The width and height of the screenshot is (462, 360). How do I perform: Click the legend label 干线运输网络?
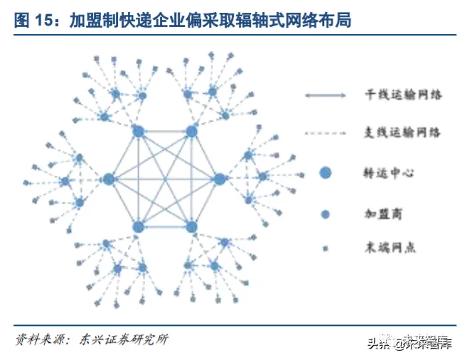(403, 94)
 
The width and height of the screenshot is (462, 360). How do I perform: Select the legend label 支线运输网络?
(403, 132)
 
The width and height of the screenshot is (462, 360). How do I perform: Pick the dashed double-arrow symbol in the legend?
(326, 133)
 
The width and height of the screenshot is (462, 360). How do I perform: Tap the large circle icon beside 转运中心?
(326, 172)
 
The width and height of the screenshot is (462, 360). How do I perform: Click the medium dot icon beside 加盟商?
(326, 213)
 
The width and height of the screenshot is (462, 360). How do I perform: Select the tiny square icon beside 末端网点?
(326, 248)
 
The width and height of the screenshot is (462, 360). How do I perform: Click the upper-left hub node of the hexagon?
(139, 131)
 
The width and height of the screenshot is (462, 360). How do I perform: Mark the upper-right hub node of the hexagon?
(190, 131)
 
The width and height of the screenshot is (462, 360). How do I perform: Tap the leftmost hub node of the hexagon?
(108, 179)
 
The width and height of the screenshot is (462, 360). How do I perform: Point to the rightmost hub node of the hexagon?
(219, 179)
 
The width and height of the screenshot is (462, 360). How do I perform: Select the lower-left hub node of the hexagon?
(139, 227)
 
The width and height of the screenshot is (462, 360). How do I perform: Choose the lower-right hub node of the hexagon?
(190, 227)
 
